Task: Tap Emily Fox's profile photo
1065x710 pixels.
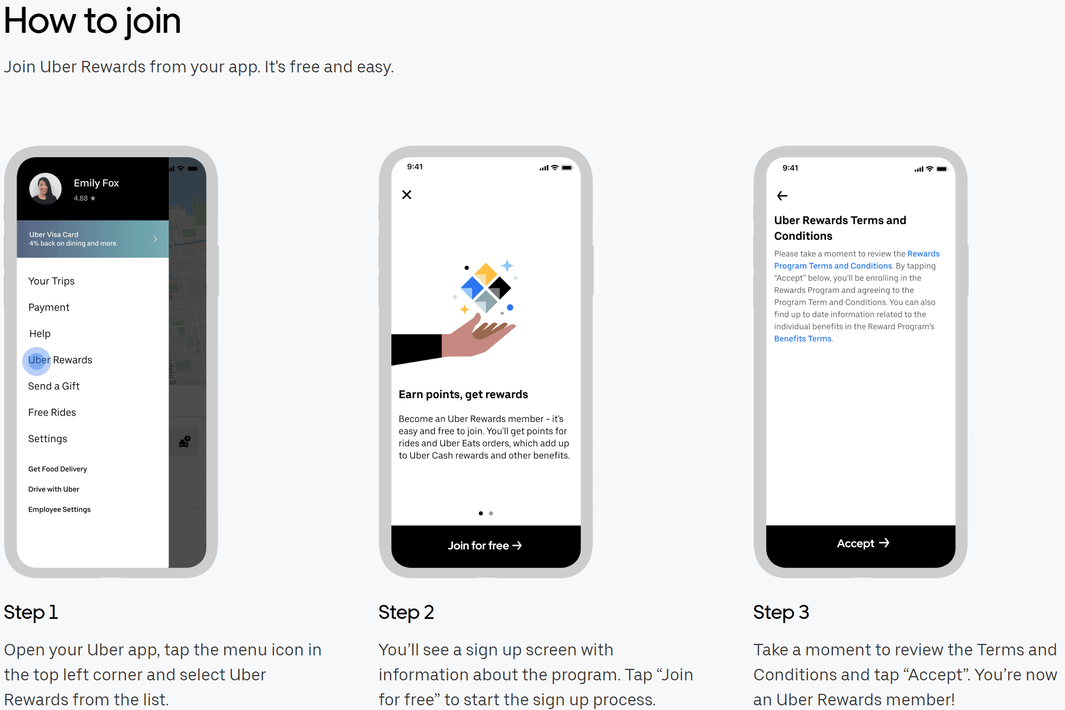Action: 45,188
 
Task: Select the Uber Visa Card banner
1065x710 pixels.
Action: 93,239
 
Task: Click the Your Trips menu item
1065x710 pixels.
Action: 52,281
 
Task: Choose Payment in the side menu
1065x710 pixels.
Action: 49,308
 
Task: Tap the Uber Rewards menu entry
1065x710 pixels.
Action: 60,360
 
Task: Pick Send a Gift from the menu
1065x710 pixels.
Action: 54,386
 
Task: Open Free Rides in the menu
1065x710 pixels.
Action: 52,413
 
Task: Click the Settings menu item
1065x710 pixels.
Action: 47,439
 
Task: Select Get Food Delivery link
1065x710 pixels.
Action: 58,469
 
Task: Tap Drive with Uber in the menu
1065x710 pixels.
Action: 54,489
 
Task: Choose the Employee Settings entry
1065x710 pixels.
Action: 59,510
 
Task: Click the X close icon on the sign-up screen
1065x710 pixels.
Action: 407,195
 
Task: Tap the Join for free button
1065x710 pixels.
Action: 486,546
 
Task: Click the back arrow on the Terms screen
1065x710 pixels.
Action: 782,196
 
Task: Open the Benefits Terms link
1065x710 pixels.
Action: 803,339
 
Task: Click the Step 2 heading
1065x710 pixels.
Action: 406,613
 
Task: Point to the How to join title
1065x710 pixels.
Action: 93,22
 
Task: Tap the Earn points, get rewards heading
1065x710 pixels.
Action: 463,395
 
